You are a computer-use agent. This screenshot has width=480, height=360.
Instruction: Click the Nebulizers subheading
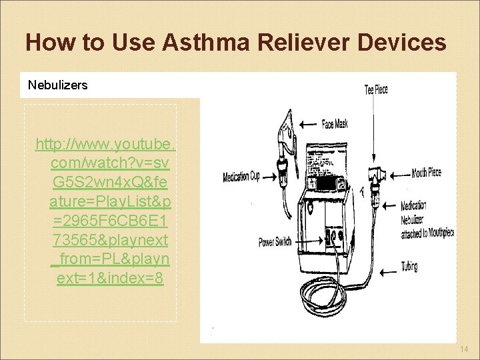[x=57, y=85]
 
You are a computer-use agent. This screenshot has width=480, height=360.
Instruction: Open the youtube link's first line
[x=106, y=144]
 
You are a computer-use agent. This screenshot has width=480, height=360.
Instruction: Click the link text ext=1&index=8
[x=110, y=277]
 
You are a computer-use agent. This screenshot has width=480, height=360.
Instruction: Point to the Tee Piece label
[x=376, y=89]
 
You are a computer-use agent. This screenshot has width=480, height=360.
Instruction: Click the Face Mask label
[x=335, y=123]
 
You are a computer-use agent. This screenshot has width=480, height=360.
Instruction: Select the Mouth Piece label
[x=426, y=173]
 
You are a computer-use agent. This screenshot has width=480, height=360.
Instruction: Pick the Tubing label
[x=409, y=267]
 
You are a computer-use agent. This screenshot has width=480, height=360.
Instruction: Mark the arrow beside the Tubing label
[x=386, y=272]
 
